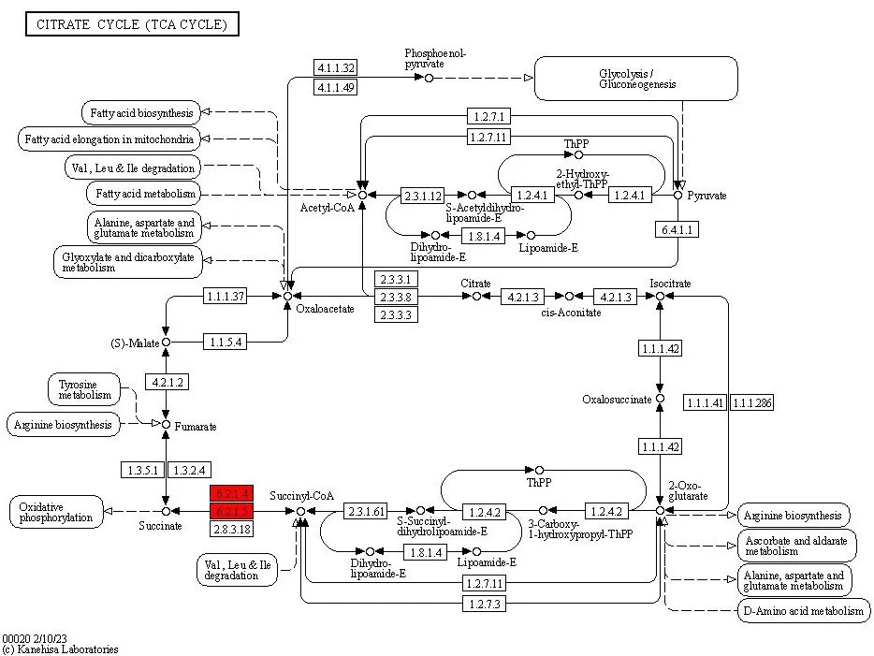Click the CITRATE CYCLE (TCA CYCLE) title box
tap(132, 24)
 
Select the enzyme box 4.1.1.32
tap(336, 68)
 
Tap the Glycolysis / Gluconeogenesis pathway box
tap(637, 79)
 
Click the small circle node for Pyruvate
tap(678, 196)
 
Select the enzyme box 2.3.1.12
tap(422, 196)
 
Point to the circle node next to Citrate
tap(476, 296)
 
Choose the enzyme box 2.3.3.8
tap(396, 297)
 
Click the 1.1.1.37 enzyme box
tap(225, 297)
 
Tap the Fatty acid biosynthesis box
tap(141, 113)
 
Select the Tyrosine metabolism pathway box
tap(84, 389)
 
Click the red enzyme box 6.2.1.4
tap(232, 493)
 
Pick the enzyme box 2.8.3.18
tap(232, 529)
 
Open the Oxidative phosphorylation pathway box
tap(58, 512)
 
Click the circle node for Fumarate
tap(166, 425)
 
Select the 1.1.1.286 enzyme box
tap(751, 402)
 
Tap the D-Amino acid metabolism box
tap(804, 612)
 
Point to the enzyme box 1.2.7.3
tap(485, 605)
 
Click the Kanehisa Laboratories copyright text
tap(60, 649)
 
